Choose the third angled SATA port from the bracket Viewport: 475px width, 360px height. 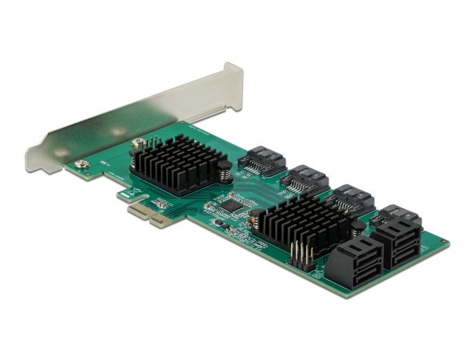[349, 198]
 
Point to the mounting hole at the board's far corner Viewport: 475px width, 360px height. [442, 242]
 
